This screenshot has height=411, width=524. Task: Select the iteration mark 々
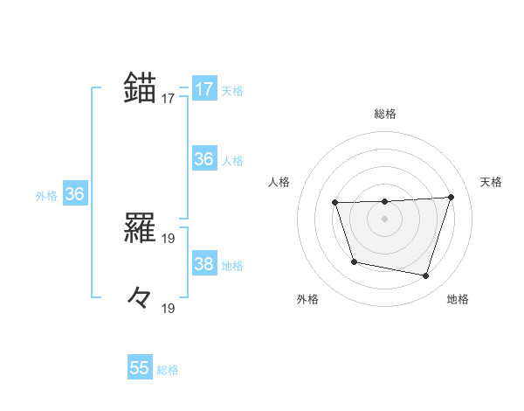(x=140, y=297)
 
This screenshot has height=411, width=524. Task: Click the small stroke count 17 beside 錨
(x=169, y=99)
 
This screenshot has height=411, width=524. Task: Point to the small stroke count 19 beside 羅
(x=169, y=238)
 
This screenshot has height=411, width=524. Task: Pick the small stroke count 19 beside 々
(x=169, y=308)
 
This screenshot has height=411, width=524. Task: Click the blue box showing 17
(x=204, y=89)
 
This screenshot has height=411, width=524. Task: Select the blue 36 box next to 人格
(x=204, y=160)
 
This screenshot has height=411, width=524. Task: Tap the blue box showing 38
(x=204, y=265)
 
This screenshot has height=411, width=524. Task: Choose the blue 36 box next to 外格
(x=74, y=195)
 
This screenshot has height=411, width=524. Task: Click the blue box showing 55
(x=140, y=368)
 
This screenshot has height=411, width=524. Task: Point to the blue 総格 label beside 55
(x=168, y=370)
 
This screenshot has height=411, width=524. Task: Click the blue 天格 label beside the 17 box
(x=232, y=90)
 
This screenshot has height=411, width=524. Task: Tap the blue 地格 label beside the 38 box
(x=232, y=266)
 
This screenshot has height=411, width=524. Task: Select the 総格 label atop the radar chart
(x=384, y=114)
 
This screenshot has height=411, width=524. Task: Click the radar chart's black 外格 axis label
(x=307, y=299)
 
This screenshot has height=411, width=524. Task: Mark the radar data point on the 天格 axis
(x=451, y=197)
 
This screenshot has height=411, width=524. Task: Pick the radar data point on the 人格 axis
(x=335, y=203)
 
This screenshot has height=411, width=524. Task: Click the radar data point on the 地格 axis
(x=425, y=275)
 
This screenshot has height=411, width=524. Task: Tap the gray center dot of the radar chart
(x=384, y=219)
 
